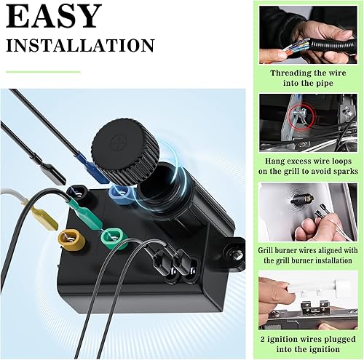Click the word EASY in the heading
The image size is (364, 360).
(x=54, y=16)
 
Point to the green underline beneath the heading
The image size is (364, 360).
(x=43, y=72)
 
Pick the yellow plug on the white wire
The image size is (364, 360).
(x=42, y=213)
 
